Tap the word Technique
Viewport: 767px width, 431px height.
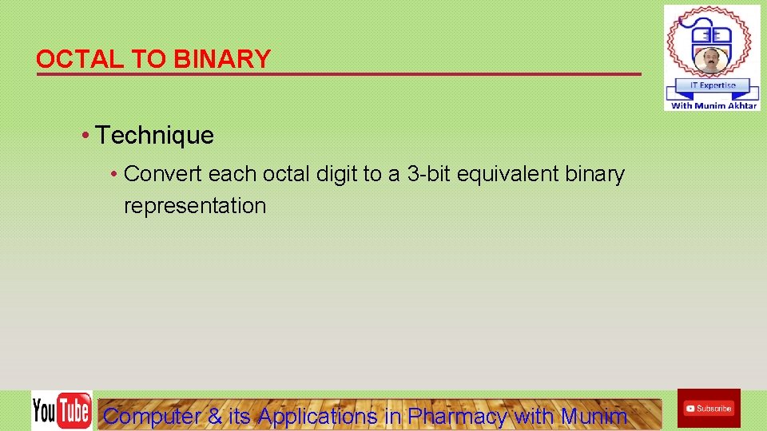point(154,136)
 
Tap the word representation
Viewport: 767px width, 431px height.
point(195,206)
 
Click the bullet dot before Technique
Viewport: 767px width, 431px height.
point(85,136)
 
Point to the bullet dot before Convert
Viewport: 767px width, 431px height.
point(115,174)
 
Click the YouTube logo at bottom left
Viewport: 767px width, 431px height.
point(62,411)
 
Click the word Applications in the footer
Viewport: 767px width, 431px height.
point(317,416)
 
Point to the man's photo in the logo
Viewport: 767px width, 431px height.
point(709,60)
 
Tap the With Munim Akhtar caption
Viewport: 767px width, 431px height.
point(713,105)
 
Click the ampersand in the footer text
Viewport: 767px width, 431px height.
point(215,416)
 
